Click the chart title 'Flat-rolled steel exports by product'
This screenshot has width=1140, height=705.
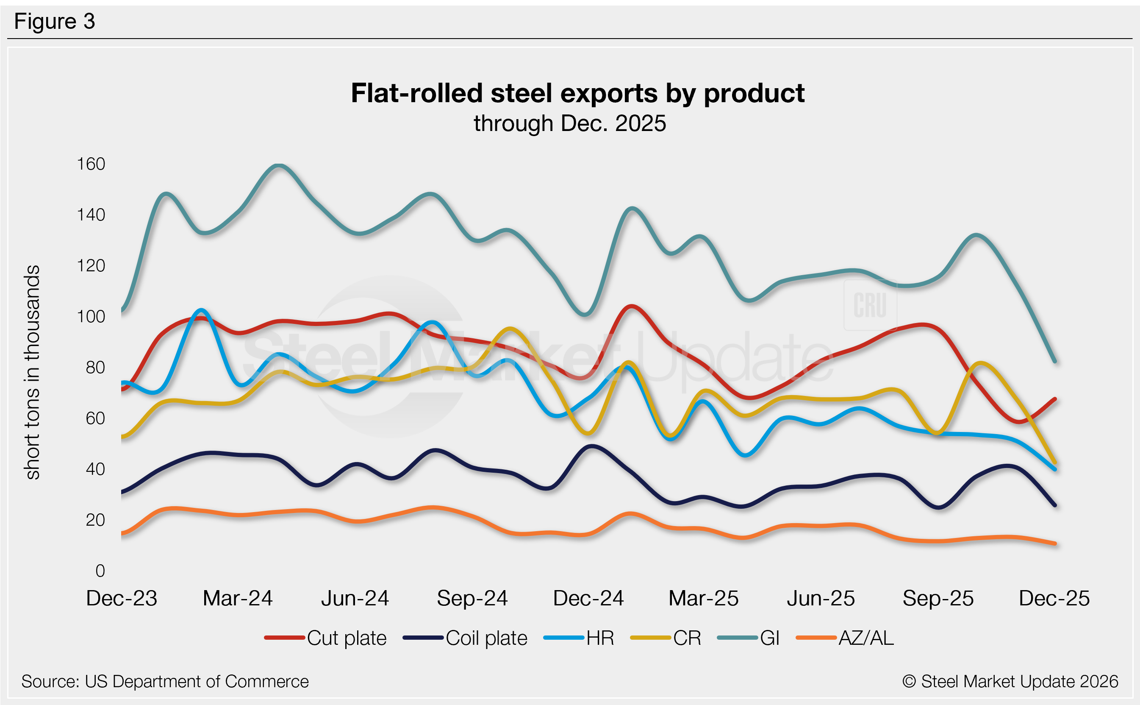577,93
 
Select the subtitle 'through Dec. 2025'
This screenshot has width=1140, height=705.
570,123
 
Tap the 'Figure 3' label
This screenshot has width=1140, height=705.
55,22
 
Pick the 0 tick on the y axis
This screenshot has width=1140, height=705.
100,571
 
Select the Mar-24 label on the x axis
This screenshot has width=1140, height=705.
238,598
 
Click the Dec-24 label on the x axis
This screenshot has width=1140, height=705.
588,598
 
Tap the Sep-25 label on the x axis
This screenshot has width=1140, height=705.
938,598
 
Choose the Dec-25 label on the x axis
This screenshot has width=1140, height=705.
1054,598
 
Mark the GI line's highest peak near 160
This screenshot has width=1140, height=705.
279,165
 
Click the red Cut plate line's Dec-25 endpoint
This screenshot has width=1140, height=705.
1055,399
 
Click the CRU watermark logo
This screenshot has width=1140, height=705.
870,305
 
